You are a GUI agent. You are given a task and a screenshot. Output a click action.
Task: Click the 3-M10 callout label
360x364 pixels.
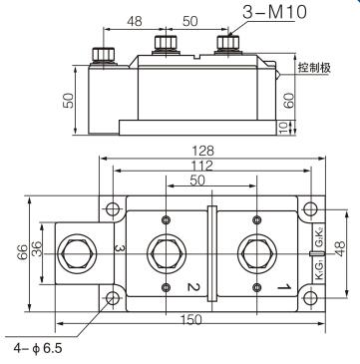tap(274, 13)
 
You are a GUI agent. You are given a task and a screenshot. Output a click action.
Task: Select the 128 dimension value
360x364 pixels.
tap(203, 151)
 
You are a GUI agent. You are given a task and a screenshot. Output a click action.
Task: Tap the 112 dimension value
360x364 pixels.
tap(203, 166)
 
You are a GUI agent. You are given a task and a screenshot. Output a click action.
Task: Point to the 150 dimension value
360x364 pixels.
tap(191, 320)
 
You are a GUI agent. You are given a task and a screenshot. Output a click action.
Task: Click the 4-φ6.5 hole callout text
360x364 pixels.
tap(38, 348)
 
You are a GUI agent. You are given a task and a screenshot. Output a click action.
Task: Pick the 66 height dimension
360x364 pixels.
tap(23, 252)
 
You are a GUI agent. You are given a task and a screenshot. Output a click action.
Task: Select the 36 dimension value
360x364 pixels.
tap(37, 248)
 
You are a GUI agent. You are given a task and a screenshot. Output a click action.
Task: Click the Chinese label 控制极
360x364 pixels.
tap(314, 68)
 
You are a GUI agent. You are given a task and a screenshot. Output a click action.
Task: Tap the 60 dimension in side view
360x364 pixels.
tap(289, 101)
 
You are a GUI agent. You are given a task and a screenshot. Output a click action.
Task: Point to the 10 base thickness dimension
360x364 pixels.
tap(282, 128)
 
